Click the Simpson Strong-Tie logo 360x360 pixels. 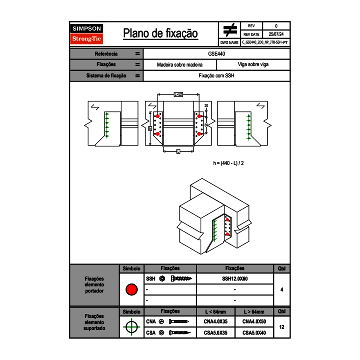coord(87,34)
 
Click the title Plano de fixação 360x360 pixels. coord(160,34)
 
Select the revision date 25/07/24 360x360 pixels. coord(276,34)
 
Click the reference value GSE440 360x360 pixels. coord(216,54)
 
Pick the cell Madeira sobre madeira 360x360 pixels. coord(180,65)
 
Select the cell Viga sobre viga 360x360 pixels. coord(253,65)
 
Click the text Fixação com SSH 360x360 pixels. coord(216,76)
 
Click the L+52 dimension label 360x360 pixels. coord(178,94)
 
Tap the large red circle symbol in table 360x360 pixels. coord(131,290)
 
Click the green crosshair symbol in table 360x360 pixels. coord(131,327)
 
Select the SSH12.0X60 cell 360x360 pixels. coord(235,279)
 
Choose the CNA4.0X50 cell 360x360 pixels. coord(254,322)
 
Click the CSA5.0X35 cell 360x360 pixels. coord(216,333)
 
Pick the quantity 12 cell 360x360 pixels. coord(282,327)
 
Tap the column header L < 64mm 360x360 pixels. coord(216,312)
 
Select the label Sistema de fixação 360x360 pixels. coord(106,76)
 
